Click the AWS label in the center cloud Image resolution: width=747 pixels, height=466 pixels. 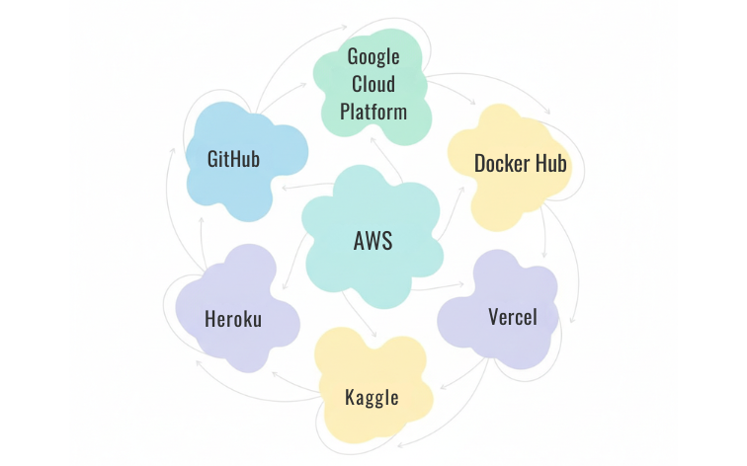373,240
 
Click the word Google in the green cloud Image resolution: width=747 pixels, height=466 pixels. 373,56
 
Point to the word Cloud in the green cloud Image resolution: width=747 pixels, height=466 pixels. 373,84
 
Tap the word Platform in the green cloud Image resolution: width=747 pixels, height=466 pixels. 373,111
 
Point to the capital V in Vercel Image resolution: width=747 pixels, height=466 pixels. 493,317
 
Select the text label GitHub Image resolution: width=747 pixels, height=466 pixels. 234,158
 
